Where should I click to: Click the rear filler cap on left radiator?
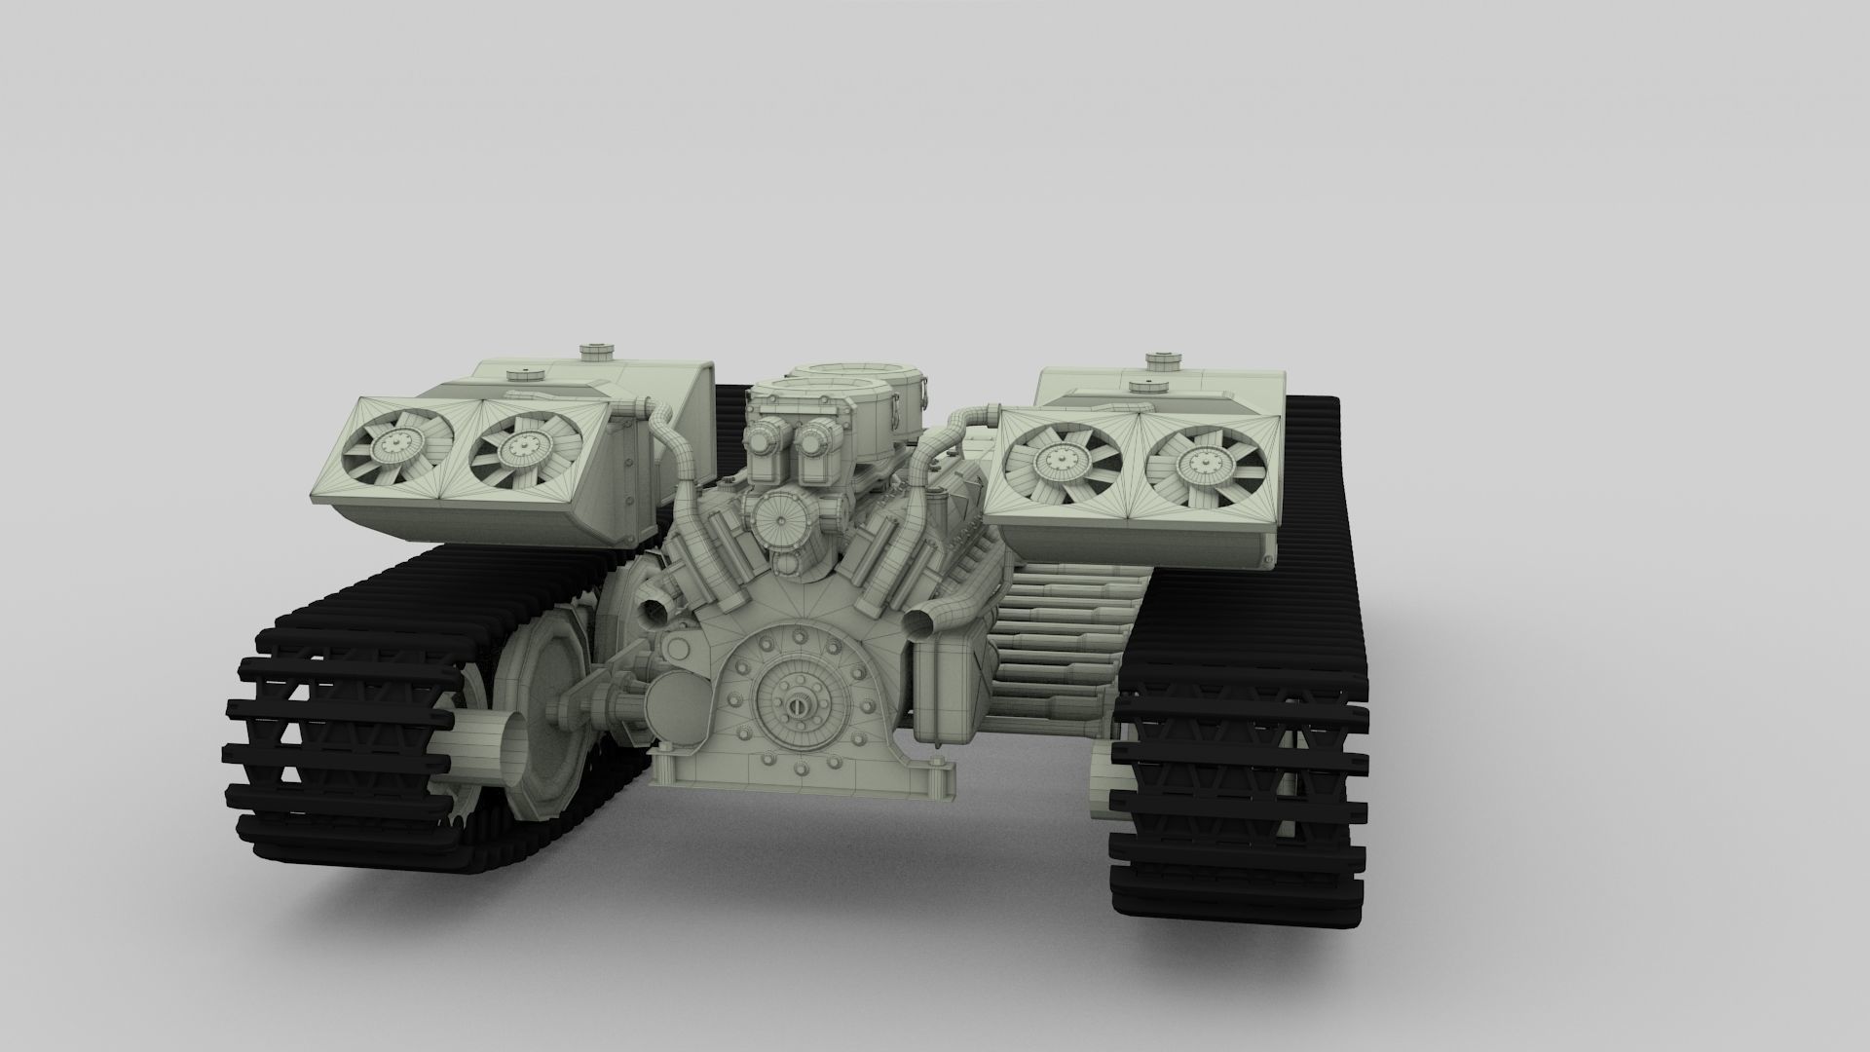pos(591,351)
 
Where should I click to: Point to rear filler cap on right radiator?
pos(1159,359)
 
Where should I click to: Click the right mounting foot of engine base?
pos(939,779)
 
